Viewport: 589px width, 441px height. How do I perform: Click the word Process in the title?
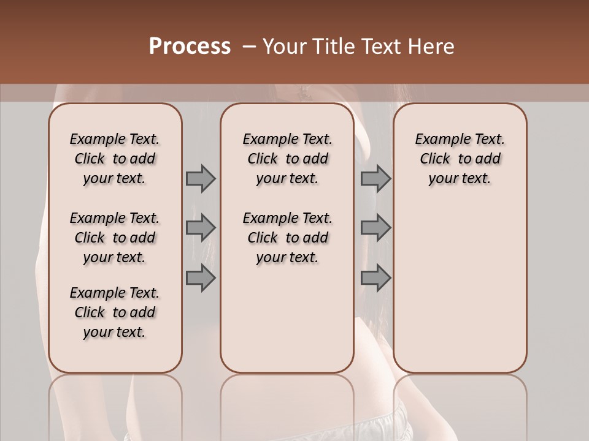[x=190, y=47]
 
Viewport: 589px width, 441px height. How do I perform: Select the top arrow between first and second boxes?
[x=201, y=178]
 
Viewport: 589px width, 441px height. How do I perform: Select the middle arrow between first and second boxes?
[x=201, y=228]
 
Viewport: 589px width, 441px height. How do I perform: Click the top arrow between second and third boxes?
[x=375, y=178]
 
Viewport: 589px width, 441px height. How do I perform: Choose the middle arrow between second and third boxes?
[x=375, y=228]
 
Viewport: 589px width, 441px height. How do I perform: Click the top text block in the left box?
[x=115, y=159]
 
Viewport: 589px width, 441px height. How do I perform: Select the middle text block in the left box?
[x=115, y=238]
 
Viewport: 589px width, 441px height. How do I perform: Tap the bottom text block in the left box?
[x=115, y=312]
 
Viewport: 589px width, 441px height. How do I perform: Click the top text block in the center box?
[x=287, y=159]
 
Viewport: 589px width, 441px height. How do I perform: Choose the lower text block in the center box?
[x=287, y=238]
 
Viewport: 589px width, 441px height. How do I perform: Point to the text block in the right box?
[x=460, y=159]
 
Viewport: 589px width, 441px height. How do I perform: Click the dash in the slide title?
[x=249, y=47]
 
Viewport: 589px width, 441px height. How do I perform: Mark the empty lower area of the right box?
[x=460, y=282]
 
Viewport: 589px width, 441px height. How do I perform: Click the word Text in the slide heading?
[x=380, y=47]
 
